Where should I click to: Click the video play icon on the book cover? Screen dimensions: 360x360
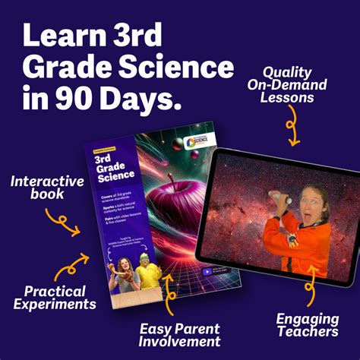point(206,271)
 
